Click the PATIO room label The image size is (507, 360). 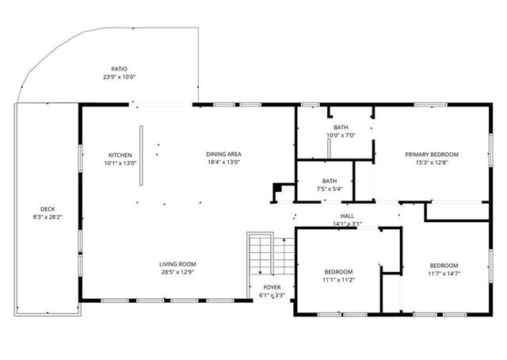pos(119,69)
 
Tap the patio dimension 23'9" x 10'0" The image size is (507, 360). pos(119,77)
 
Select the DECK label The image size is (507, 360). pos(48,209)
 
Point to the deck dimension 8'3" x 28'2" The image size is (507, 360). pos(48,217)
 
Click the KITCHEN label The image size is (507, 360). pos(120,155)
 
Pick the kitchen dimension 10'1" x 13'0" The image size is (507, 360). pos(120,163)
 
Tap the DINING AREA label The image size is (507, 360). pos(223,154)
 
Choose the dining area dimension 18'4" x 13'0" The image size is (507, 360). pos(223,162)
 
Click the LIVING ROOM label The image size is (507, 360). pos(177,264)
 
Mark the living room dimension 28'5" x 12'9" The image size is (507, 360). pos(177,272)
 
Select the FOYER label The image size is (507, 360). pos(272,287)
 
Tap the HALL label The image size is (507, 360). pos(347,216)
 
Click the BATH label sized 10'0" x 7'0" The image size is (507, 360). pos(340,127)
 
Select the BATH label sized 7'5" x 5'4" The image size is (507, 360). pos(329,181)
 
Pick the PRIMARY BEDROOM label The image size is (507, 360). pos(432,155)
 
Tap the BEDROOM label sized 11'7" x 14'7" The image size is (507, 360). pos(444,265)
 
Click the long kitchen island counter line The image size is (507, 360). pos(141,155)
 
